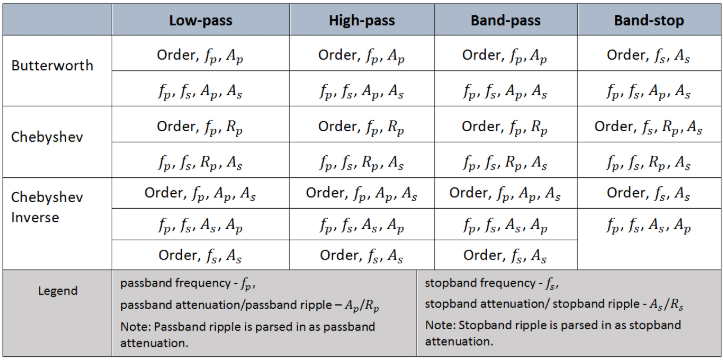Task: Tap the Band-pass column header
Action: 505,19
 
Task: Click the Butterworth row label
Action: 52,66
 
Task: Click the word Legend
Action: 57,291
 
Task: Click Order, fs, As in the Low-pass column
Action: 200,256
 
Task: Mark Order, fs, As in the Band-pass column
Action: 505,256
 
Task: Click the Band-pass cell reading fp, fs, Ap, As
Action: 504,91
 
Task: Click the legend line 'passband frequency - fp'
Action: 189,283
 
